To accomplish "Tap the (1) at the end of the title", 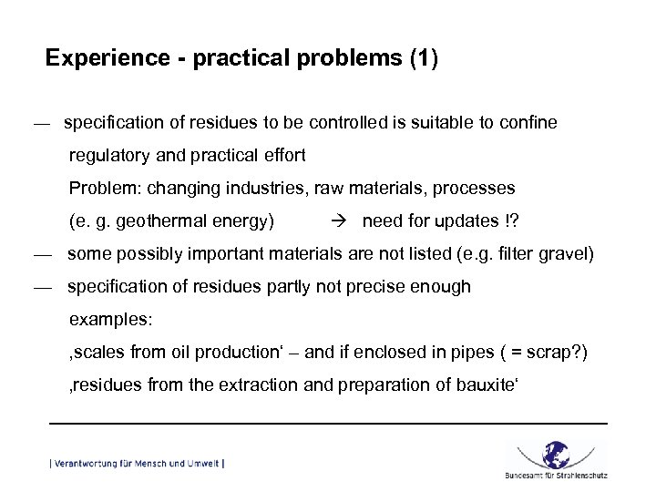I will [424, 59].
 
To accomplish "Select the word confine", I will [528, 122].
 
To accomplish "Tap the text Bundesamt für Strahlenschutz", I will [556, 475].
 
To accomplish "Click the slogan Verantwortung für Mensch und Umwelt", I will [137, 464].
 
